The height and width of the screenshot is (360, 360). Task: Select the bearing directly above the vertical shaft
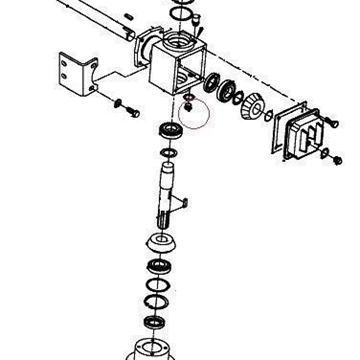tap(168, 131)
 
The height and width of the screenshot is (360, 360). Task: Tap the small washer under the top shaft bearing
tap(169, 152)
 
